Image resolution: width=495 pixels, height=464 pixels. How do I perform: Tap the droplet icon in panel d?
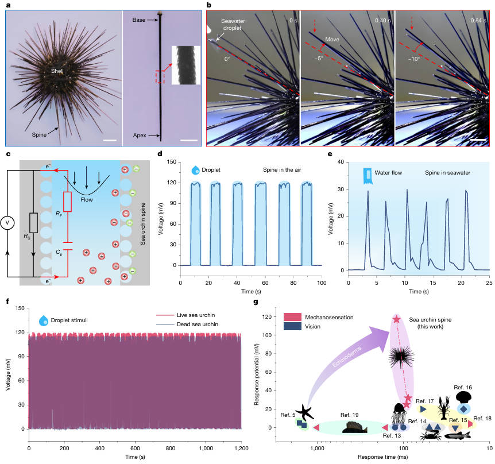[195, 170]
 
